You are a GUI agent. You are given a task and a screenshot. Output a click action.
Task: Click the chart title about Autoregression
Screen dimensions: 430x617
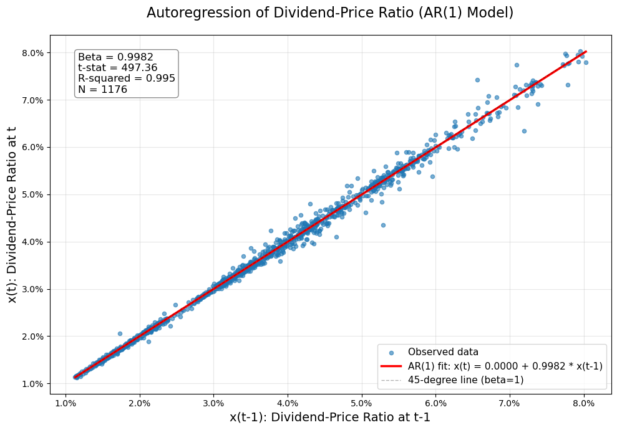[329, 13]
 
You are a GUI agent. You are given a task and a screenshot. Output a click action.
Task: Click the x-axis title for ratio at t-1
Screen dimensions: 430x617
[329, 418]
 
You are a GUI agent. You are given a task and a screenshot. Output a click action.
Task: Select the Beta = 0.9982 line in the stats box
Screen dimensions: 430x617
[115, 57]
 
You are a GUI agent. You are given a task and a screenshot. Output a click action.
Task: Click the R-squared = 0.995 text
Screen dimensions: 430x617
[126, 79]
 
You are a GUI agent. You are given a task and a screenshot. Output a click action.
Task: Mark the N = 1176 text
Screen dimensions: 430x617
[102, 90]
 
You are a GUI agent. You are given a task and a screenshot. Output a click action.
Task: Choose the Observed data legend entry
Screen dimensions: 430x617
[443, 352]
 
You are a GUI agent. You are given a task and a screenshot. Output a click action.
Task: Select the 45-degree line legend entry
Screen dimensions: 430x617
[465, 380]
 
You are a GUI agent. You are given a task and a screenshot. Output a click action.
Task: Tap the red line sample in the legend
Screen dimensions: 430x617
[393, 366]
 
